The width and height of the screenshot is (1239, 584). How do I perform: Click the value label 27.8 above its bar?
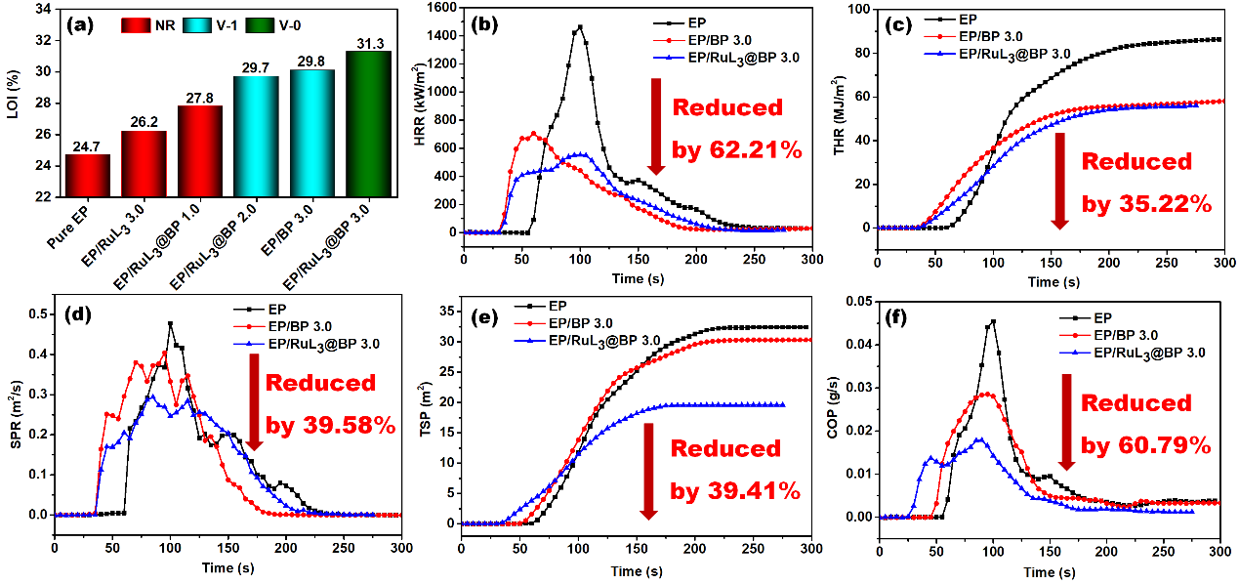pyautogui.click(x=198, y=97)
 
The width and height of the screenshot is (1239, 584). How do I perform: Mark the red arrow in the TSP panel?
pyautogui.click(x=647, y=470)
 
